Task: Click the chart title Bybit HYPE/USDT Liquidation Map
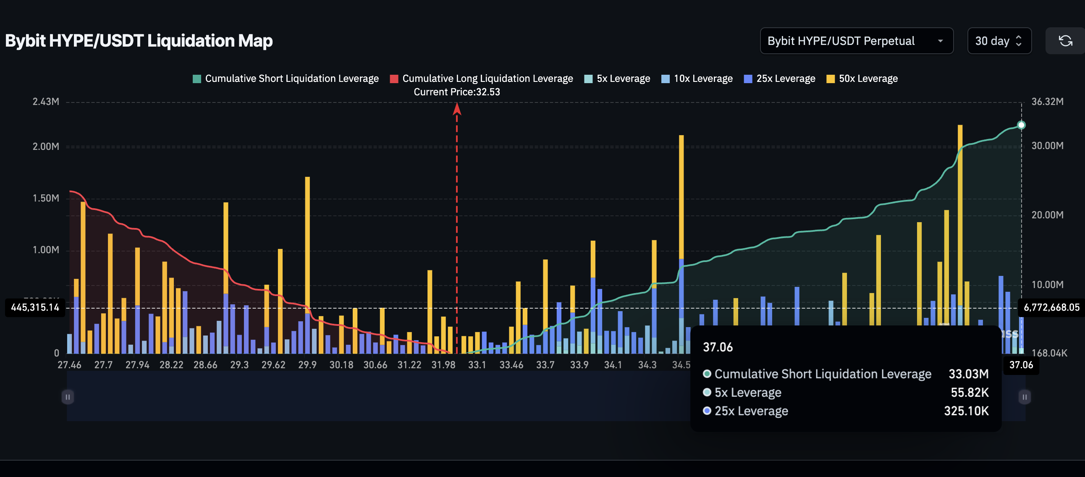(139, 41)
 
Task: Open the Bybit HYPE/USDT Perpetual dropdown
(856, 41)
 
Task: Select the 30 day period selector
(999, 41)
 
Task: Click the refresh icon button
(1065, 41)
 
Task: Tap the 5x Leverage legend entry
(617, 79)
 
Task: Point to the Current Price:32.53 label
(456, 92)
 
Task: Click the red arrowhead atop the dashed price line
(456, 109)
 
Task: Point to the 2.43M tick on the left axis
(46, 102)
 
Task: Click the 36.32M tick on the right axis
(1047, 102)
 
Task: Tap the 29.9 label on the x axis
(307, 365)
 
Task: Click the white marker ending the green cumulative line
(1021, 125)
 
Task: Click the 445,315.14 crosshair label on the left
(35, 308)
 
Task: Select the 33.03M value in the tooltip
(968, 374)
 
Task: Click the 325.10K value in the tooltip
(966, 411)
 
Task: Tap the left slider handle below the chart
(67, 397)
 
